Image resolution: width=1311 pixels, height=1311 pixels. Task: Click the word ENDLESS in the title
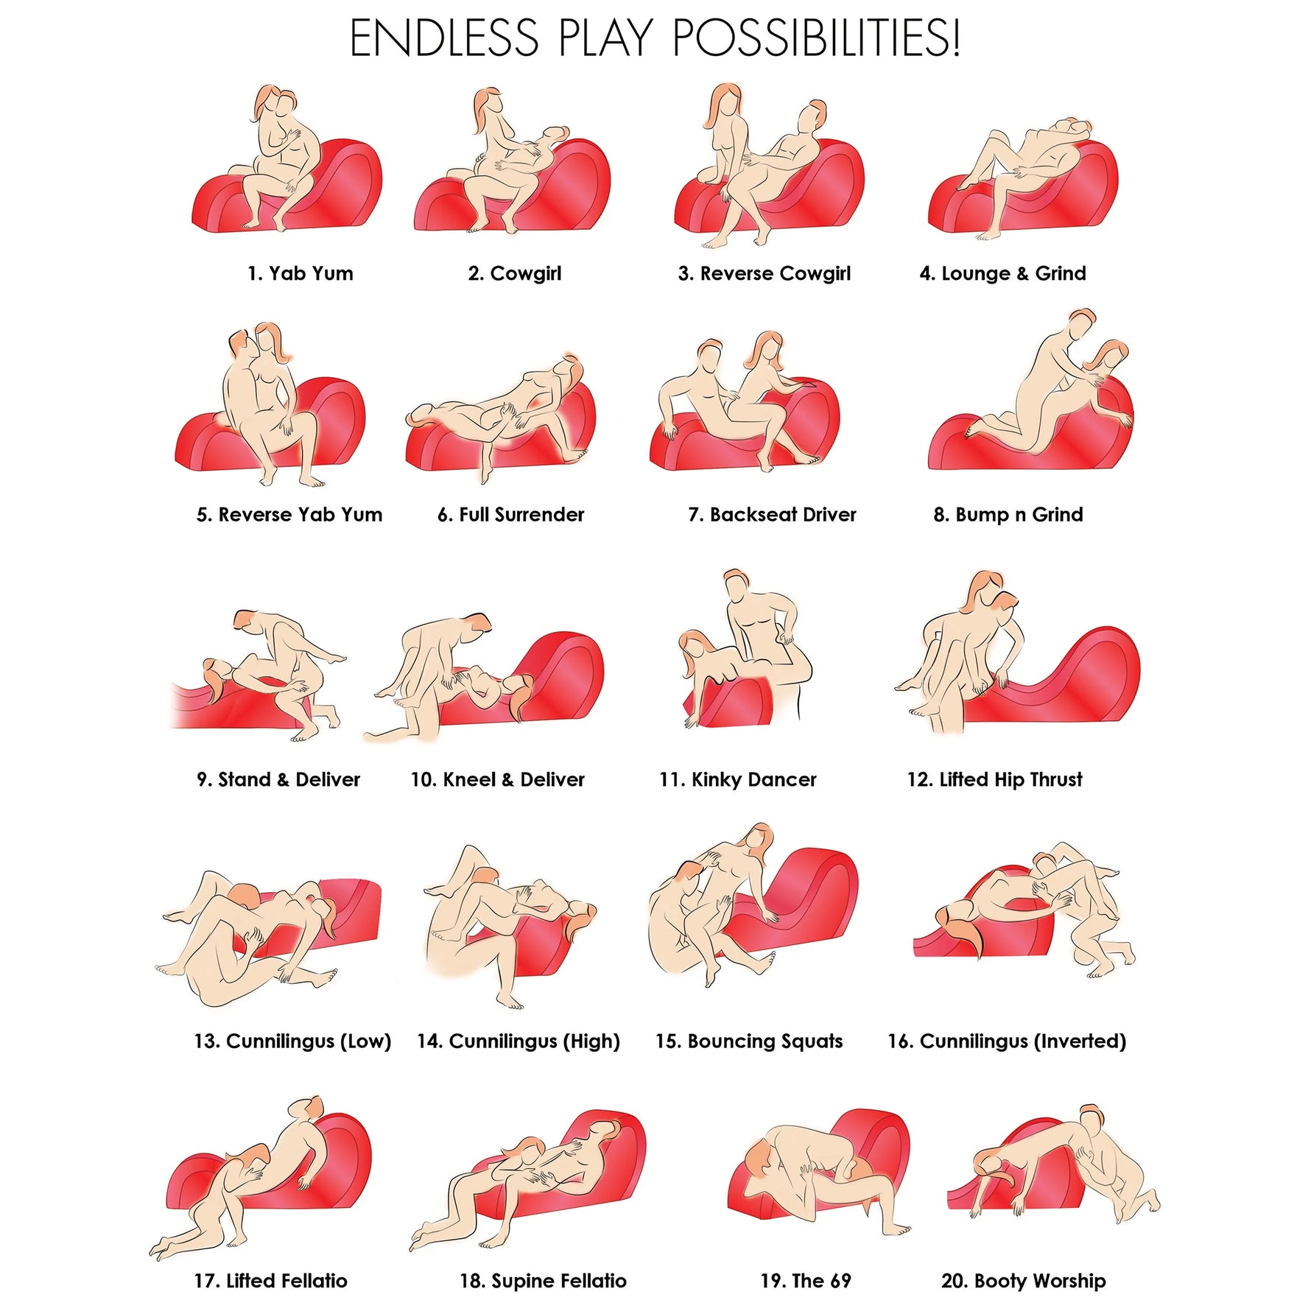tap(444, 38)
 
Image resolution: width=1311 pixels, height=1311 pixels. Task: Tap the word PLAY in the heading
tap(605, 38)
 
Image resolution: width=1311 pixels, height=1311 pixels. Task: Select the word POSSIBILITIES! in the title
tap(816, 38)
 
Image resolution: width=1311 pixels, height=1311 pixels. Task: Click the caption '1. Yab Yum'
tap(300, 273)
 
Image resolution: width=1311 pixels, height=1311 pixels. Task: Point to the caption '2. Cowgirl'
tap(515, 274)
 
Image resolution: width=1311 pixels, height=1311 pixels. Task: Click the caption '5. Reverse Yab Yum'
tap(289, 514)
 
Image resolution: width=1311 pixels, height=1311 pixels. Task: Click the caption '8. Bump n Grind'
tap(1008, 514)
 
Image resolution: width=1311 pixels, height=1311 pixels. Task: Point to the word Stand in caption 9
tap(245, 779)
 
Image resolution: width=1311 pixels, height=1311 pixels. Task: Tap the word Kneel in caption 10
tap(468, 779)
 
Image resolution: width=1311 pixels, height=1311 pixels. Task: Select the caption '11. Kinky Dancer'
tap(738, 780)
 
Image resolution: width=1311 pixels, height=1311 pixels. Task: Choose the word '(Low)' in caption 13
tap(362, 1041)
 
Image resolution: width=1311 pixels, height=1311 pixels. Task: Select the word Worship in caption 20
tap(1069, 1281)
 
